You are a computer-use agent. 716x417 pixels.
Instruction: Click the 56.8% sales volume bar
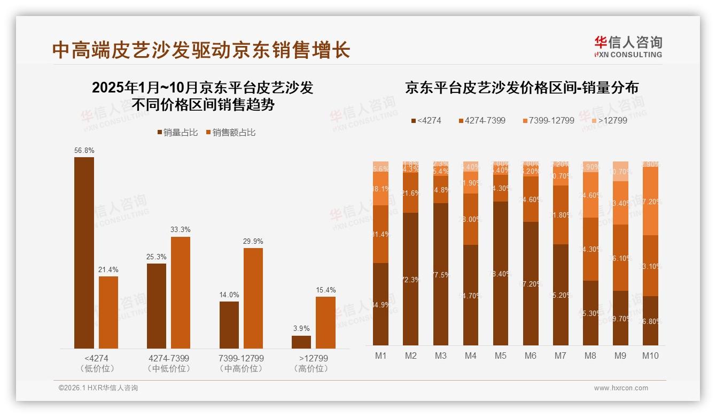click(x=84, y=252)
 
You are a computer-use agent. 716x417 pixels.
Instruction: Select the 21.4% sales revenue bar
click(x=108, y=312)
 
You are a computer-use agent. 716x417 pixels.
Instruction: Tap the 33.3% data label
click(x=181, y=229)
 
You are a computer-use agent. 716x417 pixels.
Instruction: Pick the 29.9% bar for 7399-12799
click(x=253, y=298)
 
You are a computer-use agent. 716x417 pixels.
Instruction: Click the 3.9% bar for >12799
click(x=301, y=342)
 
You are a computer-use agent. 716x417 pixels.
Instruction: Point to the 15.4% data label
click(x=325, y=290)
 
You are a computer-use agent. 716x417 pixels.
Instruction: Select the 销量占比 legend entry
click(x=178, y=133)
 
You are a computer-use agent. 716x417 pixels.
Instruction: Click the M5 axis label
click(x=501, y=356)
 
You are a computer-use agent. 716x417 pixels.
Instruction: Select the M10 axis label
click(x=650, y=356)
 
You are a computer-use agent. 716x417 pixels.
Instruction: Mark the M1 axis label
click(x=381, y=356)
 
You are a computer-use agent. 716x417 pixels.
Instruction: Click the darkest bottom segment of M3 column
click(x=441, y=274)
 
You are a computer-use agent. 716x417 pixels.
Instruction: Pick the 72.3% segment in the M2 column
click(x=411, y=279)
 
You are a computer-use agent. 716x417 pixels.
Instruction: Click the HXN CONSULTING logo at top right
click(x=628, y=47)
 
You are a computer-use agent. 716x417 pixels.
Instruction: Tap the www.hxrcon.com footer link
click(x=621, y=388)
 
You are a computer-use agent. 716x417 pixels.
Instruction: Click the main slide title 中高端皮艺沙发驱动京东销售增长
click(x=201, y=50)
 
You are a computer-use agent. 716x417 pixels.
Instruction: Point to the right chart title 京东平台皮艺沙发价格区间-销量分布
click(x=522, y=88)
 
